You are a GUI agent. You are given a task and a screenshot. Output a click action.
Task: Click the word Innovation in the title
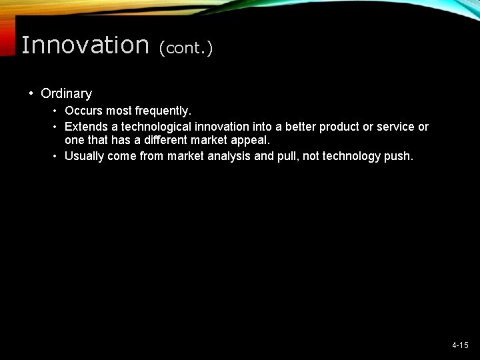coord(85,45)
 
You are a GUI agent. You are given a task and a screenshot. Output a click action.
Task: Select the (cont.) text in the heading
coord(185,48)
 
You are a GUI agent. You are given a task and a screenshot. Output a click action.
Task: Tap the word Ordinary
coord(66,94)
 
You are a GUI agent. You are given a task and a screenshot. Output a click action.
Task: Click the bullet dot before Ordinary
coord(31,94)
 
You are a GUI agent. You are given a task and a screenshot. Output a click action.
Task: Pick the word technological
coord(153,127)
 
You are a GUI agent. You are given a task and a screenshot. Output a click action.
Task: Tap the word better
coord(297,127)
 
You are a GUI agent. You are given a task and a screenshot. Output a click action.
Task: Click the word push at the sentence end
coord(398,156)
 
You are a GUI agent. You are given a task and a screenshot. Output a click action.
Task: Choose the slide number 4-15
coord(460,345)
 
